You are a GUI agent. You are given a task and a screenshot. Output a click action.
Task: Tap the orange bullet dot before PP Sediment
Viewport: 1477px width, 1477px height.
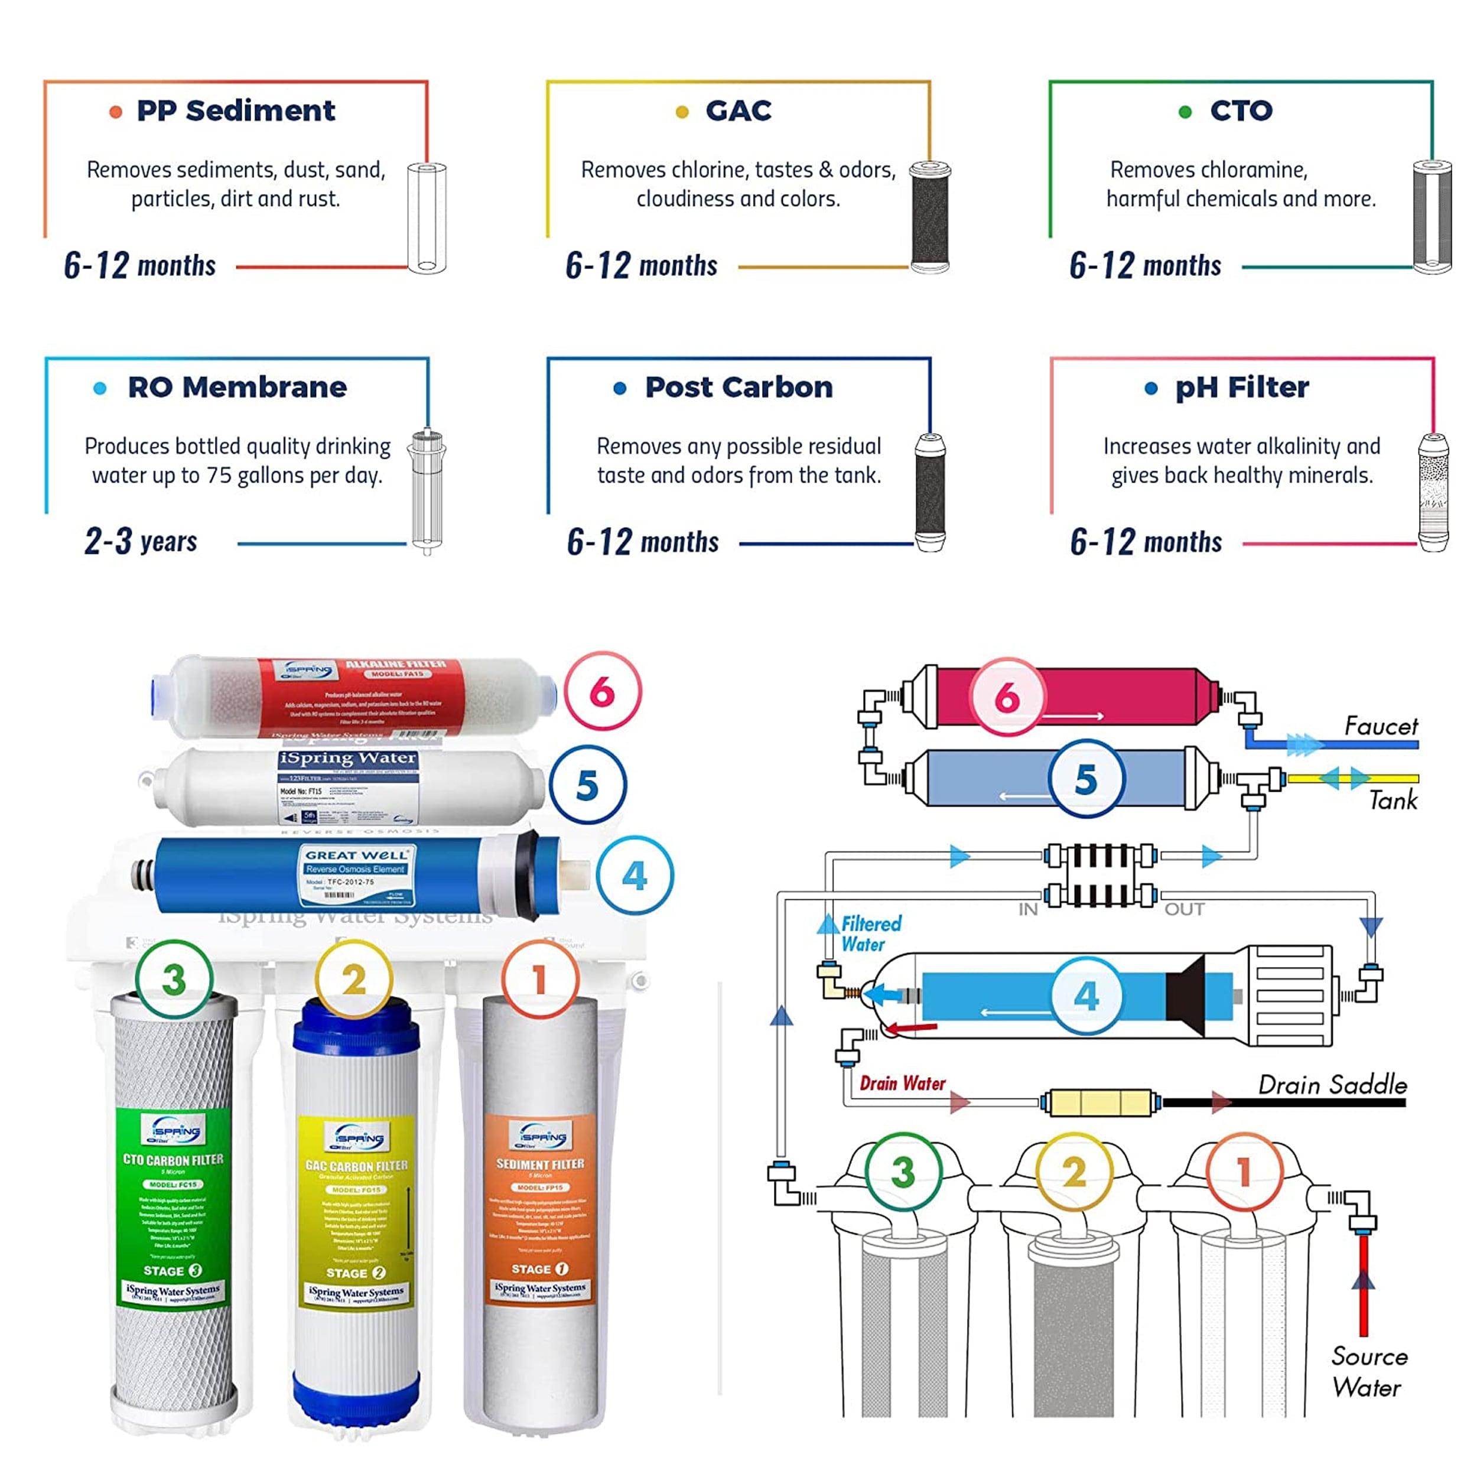click(x=115, y=112)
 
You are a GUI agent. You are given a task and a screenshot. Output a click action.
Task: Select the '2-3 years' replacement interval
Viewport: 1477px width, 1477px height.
click(x=141, y=541)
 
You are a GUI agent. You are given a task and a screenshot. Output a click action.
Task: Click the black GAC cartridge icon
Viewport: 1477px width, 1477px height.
click(x=929, y=218)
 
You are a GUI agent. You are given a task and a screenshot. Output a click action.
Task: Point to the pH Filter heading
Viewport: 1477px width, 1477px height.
click(x=1241, y=388)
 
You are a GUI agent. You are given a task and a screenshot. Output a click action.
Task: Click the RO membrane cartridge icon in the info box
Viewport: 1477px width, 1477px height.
click(x=426, y=491)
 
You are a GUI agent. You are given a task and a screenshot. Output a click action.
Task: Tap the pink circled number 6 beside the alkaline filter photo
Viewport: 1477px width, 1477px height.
click(x=603, y=692)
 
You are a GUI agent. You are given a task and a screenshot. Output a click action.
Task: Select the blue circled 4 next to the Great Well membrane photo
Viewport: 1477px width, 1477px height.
click(x=635, y=876)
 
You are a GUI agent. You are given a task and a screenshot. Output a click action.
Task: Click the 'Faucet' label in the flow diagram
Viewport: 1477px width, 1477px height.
click(x=1380, y=726)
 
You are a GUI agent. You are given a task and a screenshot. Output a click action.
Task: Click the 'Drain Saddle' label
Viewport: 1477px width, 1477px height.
click(x=1332, y=1085)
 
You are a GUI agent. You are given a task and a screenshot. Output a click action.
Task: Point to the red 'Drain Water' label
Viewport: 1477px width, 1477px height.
click(x=902, y=1084)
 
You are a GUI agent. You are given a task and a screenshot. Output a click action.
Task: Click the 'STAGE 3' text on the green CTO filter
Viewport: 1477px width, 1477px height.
click(x=173, y=1271)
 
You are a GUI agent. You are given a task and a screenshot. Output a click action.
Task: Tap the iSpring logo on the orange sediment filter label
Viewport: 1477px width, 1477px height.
click(x=541, y=1137)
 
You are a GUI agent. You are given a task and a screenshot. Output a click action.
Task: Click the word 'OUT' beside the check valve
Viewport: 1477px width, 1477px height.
click(x=1183, y=910)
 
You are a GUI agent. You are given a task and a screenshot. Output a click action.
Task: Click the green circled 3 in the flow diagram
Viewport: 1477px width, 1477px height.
click(x=903, y=1172)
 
